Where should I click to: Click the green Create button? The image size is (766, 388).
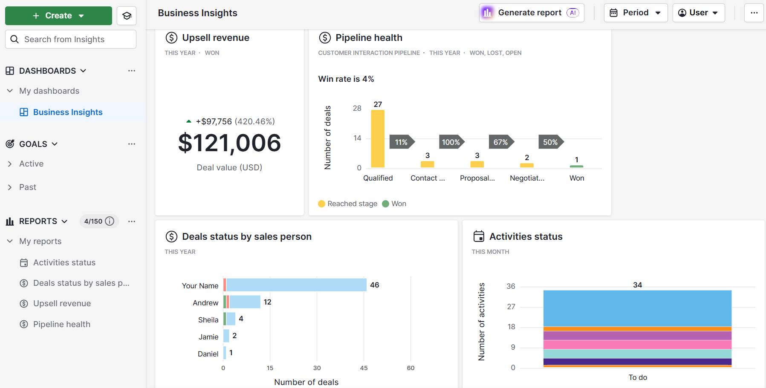[58, 16]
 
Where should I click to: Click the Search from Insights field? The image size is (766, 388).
[71, 39]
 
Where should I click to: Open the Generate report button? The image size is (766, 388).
[531, 13]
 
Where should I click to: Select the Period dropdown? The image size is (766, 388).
[636, 13]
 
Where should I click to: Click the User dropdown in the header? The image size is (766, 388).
[698, 13]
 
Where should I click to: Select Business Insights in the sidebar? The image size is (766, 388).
[68, 112]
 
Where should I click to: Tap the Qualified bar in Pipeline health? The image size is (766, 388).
[378, 138]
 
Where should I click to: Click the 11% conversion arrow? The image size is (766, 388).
[401, 142]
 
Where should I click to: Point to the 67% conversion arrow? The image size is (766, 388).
[500, 142]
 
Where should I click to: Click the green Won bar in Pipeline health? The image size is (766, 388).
[576, 167]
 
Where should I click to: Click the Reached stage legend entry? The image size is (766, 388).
[348, 204]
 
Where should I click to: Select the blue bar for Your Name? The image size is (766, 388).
[296, 285]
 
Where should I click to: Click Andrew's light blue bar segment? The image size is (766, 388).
[245, 302]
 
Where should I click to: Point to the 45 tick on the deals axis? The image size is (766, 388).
[364, 368]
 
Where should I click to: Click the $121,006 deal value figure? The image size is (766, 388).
[229, 143]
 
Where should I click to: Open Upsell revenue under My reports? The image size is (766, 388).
[62, 303]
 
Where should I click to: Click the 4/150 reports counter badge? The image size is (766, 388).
[98, 221]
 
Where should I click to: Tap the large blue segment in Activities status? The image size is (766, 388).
[637, 308]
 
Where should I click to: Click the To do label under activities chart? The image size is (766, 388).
[638, 377]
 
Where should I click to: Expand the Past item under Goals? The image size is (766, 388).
[28, 187]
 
